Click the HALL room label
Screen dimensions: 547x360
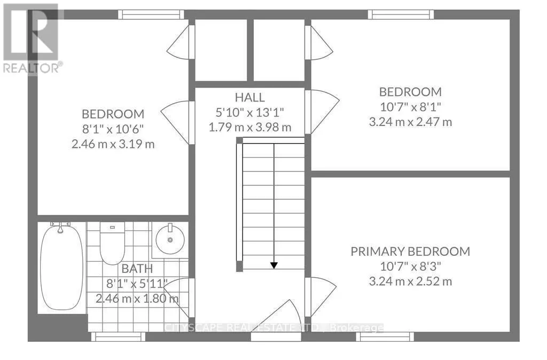249,97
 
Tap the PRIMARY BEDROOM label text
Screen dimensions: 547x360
410,252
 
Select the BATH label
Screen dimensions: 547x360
137,269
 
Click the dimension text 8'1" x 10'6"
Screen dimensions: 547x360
113,129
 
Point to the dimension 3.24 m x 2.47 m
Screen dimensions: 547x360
411,122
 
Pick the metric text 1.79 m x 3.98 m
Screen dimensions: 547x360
250,127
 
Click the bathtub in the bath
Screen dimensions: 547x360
62,268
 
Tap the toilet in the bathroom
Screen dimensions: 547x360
112,243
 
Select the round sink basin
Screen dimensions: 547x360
170,239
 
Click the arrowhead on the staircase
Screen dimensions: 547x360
274,265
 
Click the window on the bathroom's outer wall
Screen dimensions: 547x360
118,336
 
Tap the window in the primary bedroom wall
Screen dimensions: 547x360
385,336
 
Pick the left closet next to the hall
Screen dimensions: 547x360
221,50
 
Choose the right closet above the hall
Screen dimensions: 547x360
279,50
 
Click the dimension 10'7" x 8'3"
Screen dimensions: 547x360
410,267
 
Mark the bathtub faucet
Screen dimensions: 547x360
60,227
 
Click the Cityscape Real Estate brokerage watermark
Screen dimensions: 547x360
273,328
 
